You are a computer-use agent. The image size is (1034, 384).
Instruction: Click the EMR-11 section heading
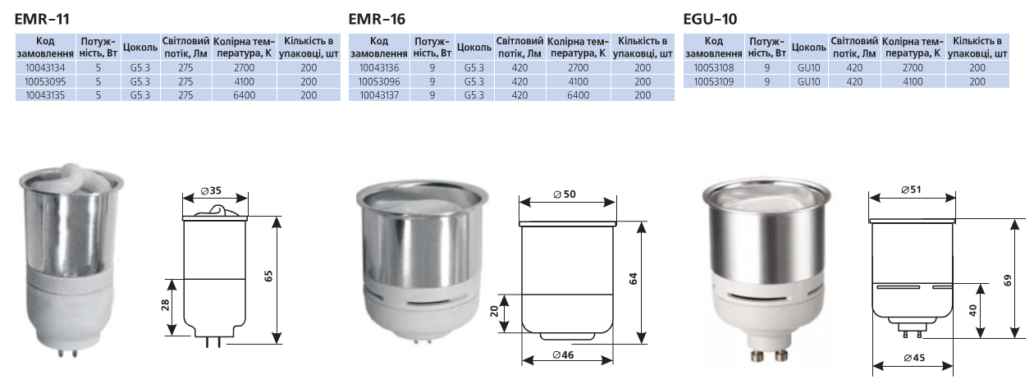[42, 19]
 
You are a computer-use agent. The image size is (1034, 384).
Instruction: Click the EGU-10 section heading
[710, 19]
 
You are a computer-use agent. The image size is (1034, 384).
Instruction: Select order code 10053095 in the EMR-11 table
[45, 82]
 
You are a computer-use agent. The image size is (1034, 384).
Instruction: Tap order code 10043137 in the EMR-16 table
[379, 95]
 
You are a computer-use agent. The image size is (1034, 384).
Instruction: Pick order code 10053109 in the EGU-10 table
[714, 82]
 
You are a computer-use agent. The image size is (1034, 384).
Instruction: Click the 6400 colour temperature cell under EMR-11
[245, 95]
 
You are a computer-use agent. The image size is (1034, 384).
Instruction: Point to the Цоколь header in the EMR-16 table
[474, 47]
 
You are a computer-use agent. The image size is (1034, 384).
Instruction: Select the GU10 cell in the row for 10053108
[809, 68]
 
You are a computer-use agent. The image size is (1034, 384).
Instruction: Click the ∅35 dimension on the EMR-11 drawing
[211, 190]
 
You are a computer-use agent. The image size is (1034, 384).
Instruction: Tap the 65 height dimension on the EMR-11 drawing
[268, 277]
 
